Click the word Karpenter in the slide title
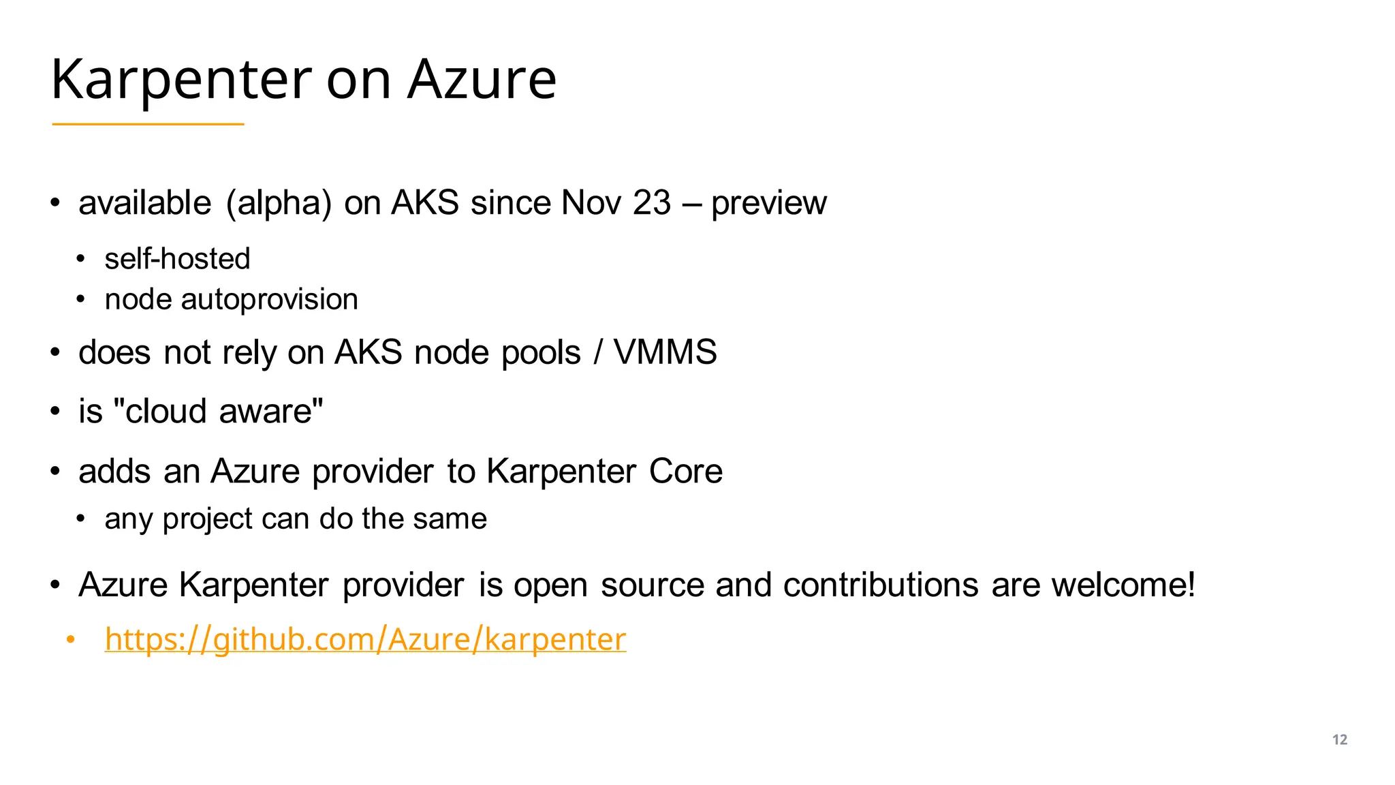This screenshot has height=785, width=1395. (181, 80)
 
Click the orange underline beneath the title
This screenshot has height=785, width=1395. (148, 124)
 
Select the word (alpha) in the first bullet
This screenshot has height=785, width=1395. (279, 203)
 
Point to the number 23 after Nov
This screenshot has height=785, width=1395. (652, 202)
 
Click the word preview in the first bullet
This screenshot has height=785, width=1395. (769, 203)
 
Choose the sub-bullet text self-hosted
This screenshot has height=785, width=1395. (177, 259)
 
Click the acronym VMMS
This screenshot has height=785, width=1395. (665, 352)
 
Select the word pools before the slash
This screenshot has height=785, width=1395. (541, 353)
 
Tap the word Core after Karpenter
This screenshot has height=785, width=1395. (685, 471)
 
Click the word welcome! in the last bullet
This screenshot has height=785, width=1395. (1123, 585)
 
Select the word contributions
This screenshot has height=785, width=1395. (881, 585)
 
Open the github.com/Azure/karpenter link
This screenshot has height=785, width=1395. (365, 639)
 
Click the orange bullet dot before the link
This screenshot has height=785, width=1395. (70, 640)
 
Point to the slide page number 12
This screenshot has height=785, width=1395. (1339, 739)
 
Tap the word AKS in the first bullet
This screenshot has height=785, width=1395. (424, 202)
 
